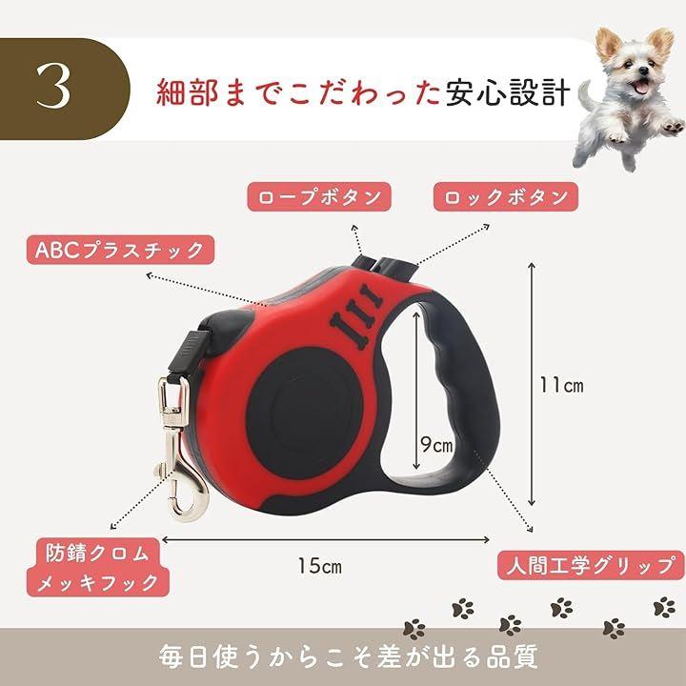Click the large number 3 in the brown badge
53,86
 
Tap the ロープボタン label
319,197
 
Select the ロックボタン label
506,197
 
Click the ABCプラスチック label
120,250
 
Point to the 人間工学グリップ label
591,565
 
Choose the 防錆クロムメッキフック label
98,568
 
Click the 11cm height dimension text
561,385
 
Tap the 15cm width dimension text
319,566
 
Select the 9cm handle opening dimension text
436,445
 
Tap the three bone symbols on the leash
356,316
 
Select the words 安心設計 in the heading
509,91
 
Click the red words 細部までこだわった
298,91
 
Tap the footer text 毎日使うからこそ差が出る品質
348,656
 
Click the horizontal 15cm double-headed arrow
326,540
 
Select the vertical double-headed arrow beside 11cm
532,384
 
